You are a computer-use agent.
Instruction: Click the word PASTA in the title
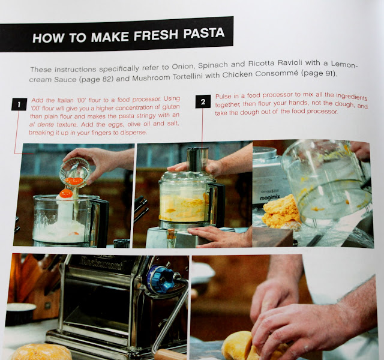pos(204,34)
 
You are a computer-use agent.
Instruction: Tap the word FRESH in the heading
pos(156,35)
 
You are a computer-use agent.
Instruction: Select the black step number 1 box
pos(19,104)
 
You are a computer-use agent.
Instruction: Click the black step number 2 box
pos(203,101)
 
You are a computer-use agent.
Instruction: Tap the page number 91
pos(330,73)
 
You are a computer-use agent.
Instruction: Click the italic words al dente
pos(41,124)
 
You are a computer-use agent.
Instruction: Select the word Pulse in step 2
pos(223,96)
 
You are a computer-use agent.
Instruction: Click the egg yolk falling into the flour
pos(66,193)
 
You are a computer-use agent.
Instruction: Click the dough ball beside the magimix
pos(281,211)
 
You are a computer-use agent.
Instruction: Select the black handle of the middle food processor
pos(219,204)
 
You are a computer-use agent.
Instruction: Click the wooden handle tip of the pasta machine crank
pos(168,355)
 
